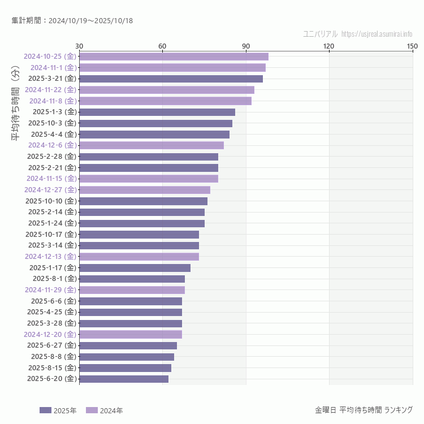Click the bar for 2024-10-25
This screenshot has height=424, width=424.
point(174,57)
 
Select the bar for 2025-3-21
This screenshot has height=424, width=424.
point(171,79)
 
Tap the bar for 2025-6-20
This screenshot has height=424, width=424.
point(124,379)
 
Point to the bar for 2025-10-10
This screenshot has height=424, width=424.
point(143,201)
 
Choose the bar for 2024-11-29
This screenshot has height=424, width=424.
point(132,290)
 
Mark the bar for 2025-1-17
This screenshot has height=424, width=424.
point(135,267)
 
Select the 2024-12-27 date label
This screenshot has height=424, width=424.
point(50,189)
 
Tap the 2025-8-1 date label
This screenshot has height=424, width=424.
point(54,278)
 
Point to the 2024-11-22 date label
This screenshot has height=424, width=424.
point(50,89)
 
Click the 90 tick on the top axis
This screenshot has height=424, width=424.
point(245,46)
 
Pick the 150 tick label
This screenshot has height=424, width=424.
point(412,46)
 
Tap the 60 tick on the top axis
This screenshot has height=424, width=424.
point(162,46)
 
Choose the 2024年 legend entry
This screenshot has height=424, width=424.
point(104,410)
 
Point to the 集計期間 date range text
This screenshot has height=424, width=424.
point(72,21)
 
